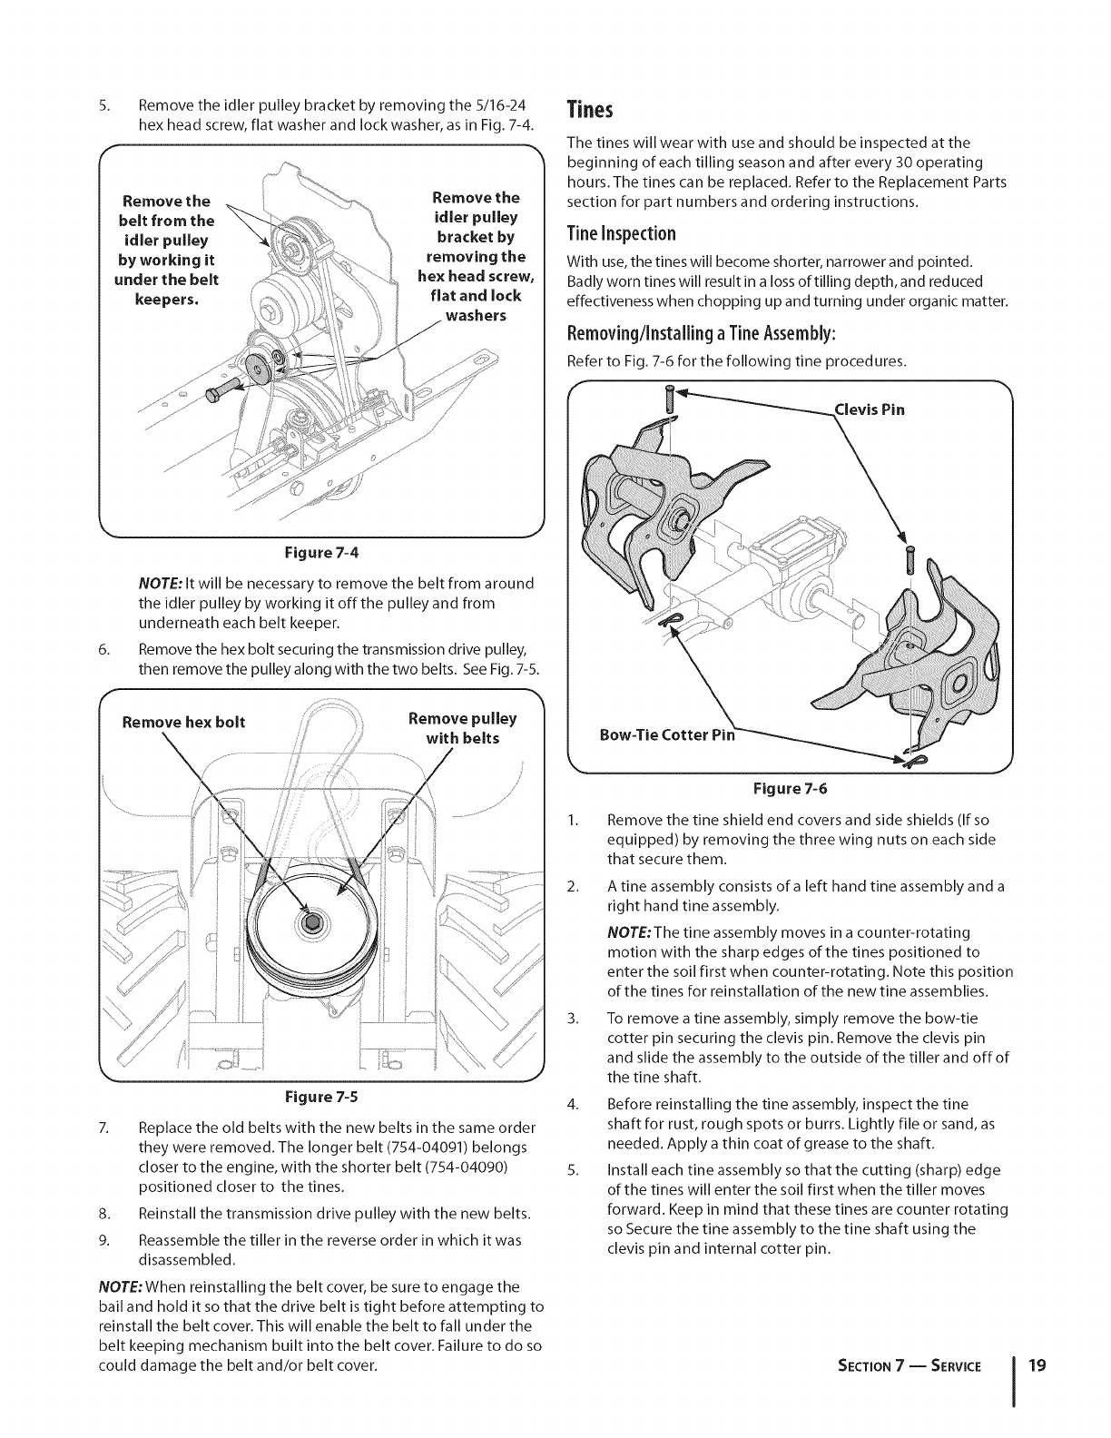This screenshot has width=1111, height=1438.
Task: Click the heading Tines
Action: (x=591, y=111)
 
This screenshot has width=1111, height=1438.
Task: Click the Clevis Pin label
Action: (x=869, y=409)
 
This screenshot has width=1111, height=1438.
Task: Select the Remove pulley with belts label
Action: (x=462, y=728)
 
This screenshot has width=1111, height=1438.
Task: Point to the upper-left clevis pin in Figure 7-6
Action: (x=670, y=399)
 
